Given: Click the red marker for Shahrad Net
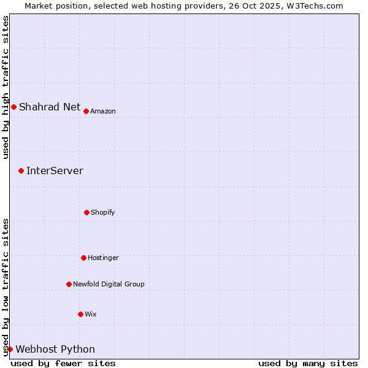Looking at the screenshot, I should click(13, 107).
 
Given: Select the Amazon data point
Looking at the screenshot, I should click(86, 111).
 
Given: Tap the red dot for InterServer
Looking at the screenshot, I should click(21, 171).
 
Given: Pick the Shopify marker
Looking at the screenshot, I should click(86, 212).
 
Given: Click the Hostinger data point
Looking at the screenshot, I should click(83, 258).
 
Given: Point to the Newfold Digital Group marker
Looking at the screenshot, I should click(69, 284).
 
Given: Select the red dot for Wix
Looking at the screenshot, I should click(80, 314).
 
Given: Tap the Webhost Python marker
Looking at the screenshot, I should click(10, 349).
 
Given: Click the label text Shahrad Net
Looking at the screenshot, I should click(50, 107).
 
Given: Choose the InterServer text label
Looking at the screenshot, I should click(55, 171).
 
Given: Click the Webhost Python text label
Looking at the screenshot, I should click(55, 349).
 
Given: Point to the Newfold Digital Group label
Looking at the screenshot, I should click(109, 284).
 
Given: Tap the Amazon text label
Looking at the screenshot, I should click(103, 111).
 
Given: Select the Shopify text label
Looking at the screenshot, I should click(103, 212).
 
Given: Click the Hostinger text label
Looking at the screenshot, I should click(103, 258).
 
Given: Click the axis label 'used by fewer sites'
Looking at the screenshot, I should click(63, 363).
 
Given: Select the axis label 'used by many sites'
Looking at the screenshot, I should click(308, 363).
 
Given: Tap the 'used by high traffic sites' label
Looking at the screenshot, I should click(6, 87).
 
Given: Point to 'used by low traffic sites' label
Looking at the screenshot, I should click(6, 287).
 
